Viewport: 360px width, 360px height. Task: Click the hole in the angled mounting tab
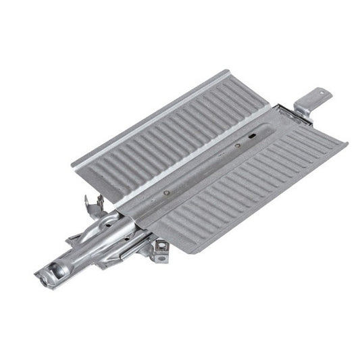[x=321, y=93]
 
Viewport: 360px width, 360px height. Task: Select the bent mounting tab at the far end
[x=313, y=101]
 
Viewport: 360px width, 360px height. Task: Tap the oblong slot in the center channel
[x=253, y=136]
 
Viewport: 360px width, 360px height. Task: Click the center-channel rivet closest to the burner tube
[x=166, y=192]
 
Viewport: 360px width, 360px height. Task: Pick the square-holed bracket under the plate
[x=161, y=248]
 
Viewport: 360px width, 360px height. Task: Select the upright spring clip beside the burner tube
[x=93, y=205]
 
